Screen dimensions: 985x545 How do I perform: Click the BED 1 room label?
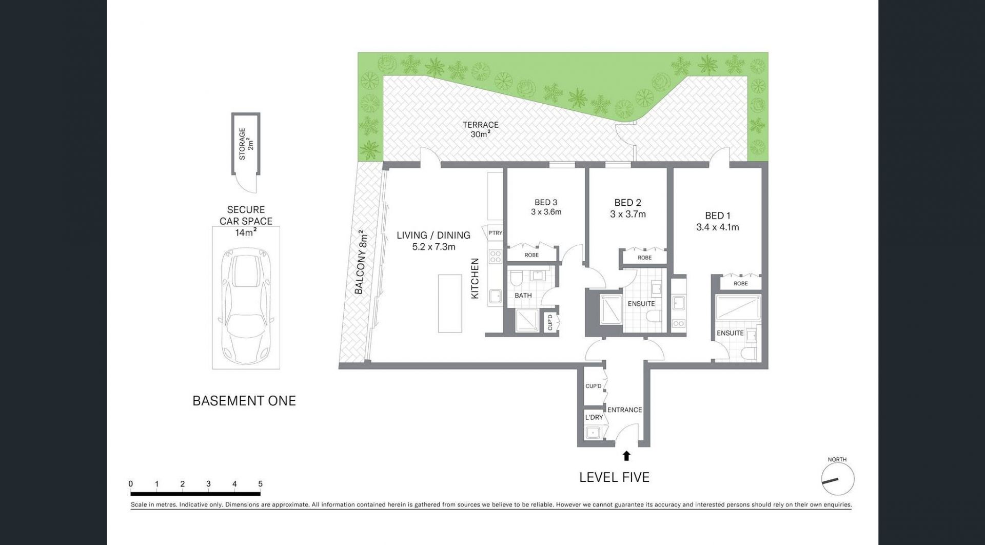point(717,216)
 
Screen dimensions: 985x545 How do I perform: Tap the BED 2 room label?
point(627,203)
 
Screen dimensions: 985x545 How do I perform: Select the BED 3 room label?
point(546,202)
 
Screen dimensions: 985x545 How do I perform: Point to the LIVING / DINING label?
point(434,235)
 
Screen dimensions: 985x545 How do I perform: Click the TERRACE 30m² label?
point(481,129)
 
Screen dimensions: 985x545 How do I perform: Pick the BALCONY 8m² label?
point(361,262)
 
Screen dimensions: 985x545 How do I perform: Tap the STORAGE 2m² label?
point(246,144)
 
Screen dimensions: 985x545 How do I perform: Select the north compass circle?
point(838,479)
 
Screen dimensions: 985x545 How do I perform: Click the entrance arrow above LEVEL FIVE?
point(626,455)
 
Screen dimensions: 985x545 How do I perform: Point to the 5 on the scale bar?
point(261,484)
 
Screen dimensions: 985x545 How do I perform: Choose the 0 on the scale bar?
point(131,484)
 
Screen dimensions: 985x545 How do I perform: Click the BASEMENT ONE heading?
point(244,401)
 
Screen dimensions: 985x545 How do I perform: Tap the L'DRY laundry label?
point(594,417)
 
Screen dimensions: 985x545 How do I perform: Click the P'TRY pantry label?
point(495,233)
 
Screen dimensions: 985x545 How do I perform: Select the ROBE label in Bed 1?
point(740,283)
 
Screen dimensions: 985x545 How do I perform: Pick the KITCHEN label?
point(475,279)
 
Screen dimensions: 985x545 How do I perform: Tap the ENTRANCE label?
point(624,410)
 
